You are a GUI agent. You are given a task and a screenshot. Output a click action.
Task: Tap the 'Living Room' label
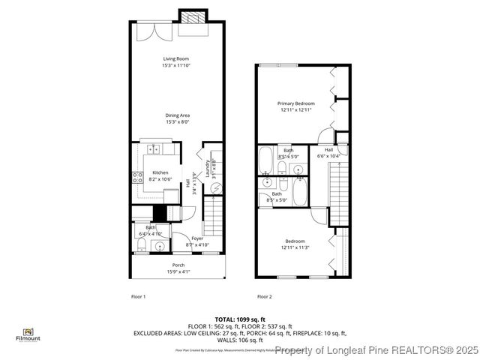[x=176, y=58]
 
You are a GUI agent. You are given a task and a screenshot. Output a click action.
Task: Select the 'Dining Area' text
[x=178, y=115]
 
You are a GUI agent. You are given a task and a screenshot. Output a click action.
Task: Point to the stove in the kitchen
[x=138, y=178]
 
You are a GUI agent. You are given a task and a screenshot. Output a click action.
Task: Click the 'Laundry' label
[x=207, y=166]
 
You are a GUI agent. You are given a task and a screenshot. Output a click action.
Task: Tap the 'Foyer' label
[x=198, y=238]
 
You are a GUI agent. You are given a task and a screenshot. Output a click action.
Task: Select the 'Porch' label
[x=178, y=265]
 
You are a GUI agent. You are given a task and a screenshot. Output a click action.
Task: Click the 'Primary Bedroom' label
[x=295, y=103]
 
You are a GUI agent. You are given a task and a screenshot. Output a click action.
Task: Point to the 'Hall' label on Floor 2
[x=328, y=150]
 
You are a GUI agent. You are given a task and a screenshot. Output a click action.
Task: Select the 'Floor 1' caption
[x=138, y=297]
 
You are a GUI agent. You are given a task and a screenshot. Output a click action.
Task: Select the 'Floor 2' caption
[x=265, y=297]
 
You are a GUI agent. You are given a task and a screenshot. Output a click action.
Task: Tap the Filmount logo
[x=28, y=334]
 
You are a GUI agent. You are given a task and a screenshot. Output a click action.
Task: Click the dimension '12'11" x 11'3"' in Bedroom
[x=295, y=247]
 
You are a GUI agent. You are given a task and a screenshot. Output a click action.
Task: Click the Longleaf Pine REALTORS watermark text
[x=376, y=350]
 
